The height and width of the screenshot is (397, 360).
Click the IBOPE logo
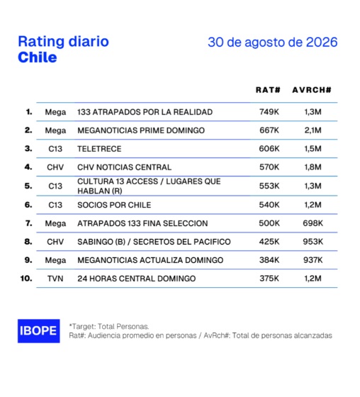click(39, 331)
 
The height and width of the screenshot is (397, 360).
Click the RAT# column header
click(268, 90)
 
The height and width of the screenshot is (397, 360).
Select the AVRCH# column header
click(312, 90)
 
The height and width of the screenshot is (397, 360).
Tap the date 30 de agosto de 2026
click(273, 42)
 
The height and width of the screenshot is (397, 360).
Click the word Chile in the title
click(38, 57)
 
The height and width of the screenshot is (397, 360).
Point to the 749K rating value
click(269, 112)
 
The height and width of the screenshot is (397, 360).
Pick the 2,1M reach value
click(313, 130)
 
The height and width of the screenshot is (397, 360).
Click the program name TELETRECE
click(99, 149)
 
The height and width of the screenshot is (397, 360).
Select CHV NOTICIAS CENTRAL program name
click(124, 167)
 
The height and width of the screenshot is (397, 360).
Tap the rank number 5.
click(28, 186)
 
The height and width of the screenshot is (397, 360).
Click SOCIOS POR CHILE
click(114, 205)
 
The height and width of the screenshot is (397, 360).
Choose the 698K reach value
click(313, 223)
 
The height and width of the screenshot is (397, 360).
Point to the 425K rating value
click(269, 242)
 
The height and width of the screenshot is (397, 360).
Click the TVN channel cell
click(55, 279)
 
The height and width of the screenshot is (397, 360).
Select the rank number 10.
click(26, 279)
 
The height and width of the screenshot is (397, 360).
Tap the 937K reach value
click(313, 260)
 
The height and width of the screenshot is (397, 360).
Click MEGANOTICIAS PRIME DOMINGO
click(141, 130)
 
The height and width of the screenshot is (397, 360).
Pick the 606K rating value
click(269, 149)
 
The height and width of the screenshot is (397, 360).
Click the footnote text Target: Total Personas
click(109, 327)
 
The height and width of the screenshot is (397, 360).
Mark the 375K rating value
click(269, 279)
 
